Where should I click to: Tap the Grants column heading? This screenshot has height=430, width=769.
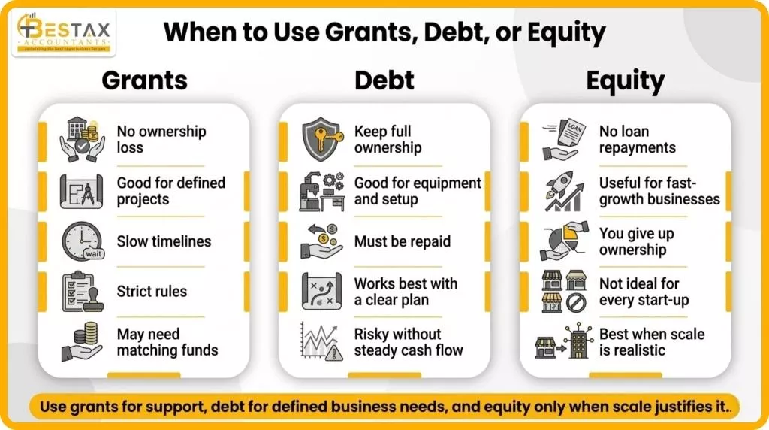(x=145, y=80)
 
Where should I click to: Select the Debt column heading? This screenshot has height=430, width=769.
(x=384, y=80)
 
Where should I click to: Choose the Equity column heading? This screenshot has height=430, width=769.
(x=625, y=80)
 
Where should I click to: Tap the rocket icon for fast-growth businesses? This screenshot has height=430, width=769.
(x=563, y=191)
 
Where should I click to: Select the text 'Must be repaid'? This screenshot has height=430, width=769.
(x=403, y=241)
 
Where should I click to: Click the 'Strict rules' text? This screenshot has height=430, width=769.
(x=152, y=292)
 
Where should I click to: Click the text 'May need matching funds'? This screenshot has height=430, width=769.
(x=167, y=342)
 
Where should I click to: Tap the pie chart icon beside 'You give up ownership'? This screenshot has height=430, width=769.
(x=563, y=241)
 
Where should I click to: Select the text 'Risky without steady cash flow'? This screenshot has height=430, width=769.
(x=409, y=342)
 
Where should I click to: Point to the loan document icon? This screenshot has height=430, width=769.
(x=563, y=139)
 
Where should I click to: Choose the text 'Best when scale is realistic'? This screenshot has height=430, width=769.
(x=651, y=342)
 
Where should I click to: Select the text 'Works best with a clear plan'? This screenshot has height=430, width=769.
(x=406, y=292)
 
